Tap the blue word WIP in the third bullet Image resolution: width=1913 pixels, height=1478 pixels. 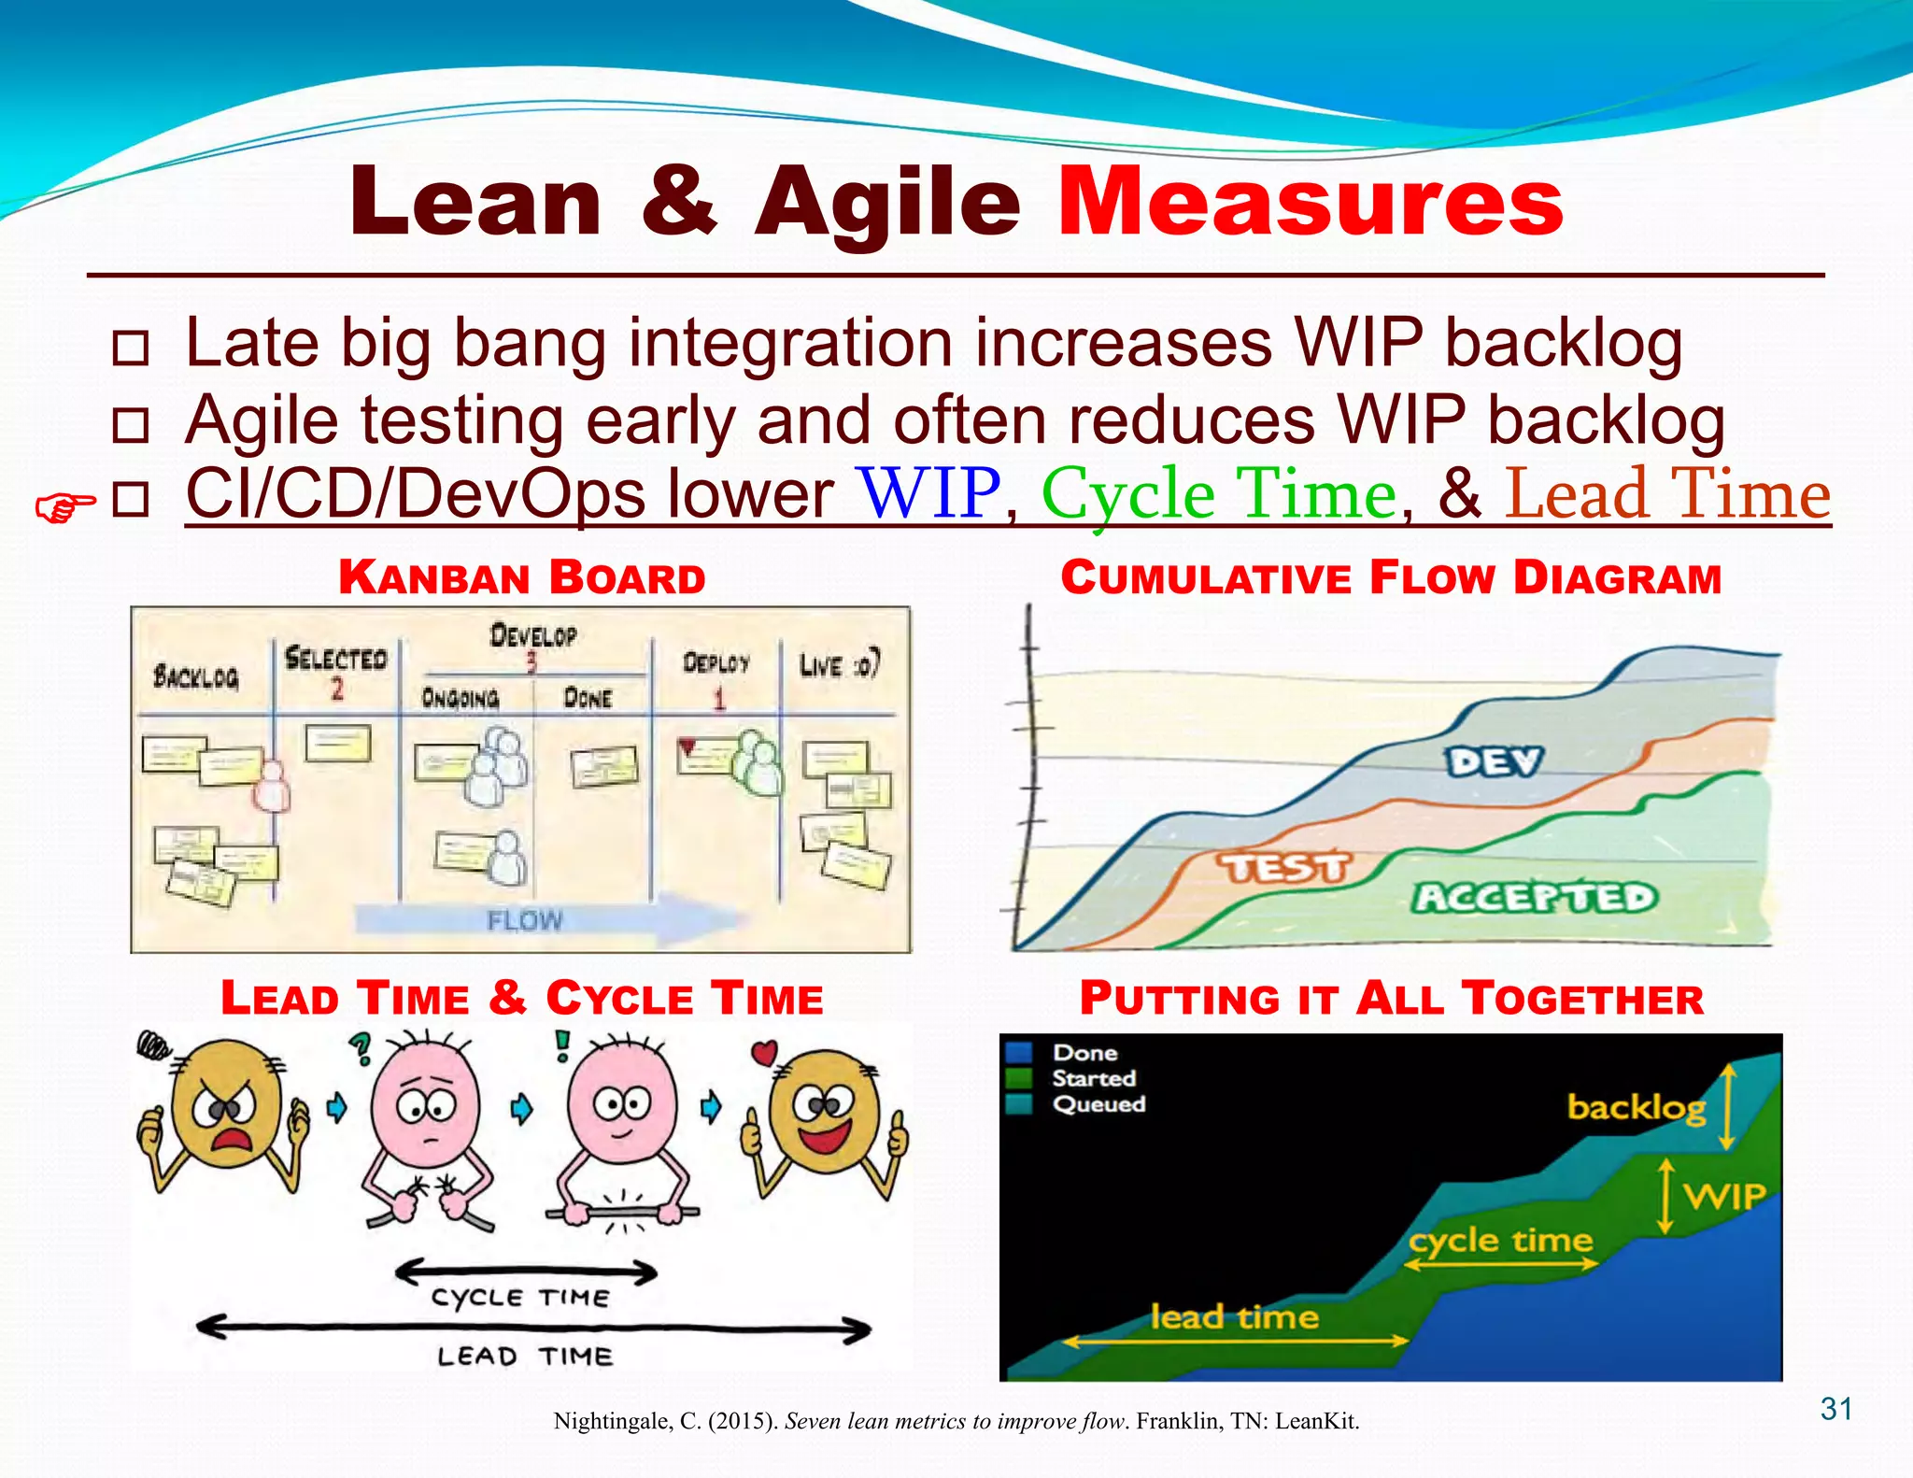pos(929,493)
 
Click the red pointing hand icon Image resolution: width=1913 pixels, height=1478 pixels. pos(64,508)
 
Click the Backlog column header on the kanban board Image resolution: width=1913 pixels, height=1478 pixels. pos(196,676)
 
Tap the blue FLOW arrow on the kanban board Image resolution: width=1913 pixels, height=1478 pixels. pos(542,920)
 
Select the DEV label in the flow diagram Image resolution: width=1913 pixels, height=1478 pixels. pos(1495,761)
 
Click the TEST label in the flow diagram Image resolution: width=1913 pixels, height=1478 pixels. pos(1283,868)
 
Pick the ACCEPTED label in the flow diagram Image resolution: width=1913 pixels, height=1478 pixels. pos(1534,898)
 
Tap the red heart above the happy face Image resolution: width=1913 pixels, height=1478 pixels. pos(764,1053)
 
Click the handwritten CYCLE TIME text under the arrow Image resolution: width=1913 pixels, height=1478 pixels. pos(520,1298)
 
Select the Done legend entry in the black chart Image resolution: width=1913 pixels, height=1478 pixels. pos(1084,1053)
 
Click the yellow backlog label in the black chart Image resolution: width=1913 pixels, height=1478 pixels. pos(1636,1108)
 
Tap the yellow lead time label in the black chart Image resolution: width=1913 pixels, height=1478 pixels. pos(1234,1317)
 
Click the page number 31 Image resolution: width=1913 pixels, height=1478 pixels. pos(1835,1408)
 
